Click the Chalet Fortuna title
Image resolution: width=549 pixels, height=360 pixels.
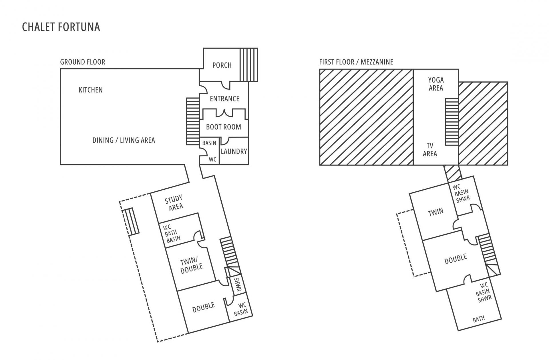point(61,27)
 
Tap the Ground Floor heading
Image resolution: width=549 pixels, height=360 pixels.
point(83,62)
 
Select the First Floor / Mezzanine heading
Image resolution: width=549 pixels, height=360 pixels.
point(356,62)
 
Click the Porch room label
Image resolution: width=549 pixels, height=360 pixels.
point(222,65)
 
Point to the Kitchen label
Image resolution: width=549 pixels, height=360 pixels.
point(91,90)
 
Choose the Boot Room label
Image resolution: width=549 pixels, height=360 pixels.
point(224,127)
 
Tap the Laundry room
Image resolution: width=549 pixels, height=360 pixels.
point(234,151)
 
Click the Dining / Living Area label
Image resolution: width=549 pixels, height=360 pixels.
point(124,140)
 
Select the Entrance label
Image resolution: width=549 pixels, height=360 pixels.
point(224,99)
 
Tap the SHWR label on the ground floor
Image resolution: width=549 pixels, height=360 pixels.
point(238,285)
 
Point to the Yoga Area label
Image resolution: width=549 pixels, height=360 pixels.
point(436,84)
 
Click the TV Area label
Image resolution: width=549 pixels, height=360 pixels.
point(430,150)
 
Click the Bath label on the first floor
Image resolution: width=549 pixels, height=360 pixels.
point(479,319)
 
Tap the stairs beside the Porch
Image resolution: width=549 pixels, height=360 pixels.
point(248,65)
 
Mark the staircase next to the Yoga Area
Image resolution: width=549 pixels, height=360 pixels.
point(452,122)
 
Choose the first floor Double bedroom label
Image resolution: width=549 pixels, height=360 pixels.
point(456,259)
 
